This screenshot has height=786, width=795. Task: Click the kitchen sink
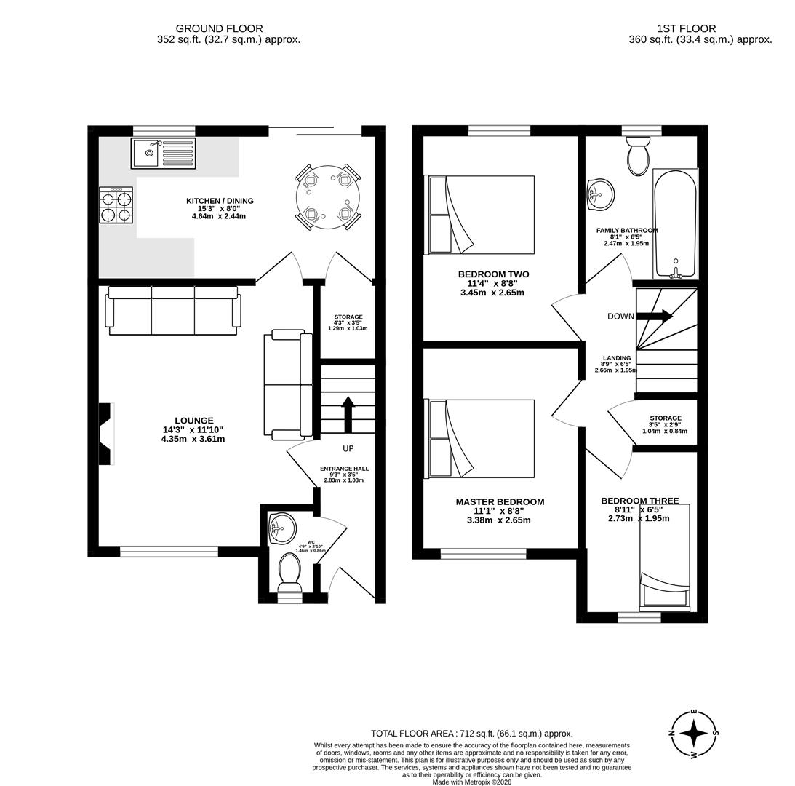point(164,153)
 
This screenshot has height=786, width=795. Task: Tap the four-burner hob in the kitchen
point(116,205)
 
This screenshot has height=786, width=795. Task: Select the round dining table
point(328,197)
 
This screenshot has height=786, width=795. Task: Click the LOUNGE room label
point(193,421)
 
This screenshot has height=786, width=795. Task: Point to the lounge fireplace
point(107,434)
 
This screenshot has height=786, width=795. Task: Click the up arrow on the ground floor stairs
point(348,413)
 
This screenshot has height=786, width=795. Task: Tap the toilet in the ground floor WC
point(289,573)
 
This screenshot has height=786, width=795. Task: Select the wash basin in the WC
point(282,528)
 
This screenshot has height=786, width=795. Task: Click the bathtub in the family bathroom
point(675,223)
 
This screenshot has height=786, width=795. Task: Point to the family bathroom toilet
point(638,156)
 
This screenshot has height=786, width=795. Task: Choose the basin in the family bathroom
point(601,194)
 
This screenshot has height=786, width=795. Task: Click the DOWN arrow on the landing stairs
point(655,316)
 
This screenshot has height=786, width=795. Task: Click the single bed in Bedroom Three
point(664,560)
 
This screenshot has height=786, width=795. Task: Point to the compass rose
point(694,734)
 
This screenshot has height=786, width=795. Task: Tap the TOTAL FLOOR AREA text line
point(471,734)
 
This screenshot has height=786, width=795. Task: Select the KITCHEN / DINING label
point(220,201)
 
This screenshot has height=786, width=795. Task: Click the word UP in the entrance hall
point(348,449)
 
